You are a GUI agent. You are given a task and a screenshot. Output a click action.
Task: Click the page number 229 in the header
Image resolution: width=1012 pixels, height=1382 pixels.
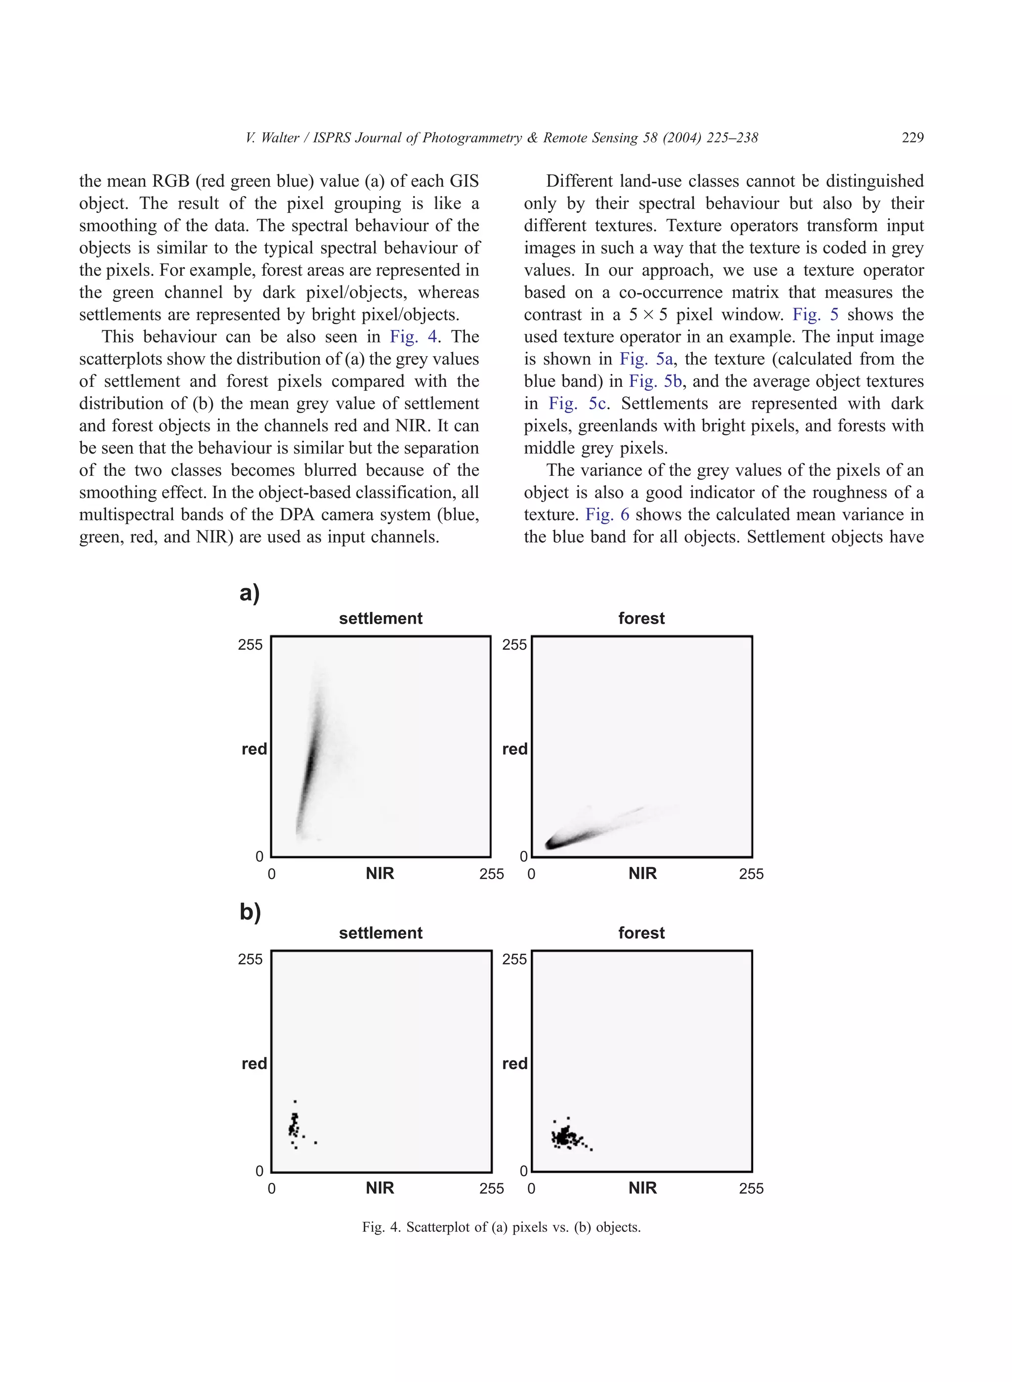(x=912, y=138)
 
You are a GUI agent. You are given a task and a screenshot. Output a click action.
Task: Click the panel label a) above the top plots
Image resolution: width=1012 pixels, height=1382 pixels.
(x=250, y=593)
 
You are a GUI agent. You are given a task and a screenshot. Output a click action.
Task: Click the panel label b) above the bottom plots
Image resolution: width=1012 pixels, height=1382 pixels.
(x=250, y=912)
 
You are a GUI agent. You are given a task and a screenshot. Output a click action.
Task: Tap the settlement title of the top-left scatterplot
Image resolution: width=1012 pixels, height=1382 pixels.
(x=380, y=618)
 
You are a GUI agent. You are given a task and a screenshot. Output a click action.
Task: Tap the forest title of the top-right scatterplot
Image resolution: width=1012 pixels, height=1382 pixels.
(x=641, y=618)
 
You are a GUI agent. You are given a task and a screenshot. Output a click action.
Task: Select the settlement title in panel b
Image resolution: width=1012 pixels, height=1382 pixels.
(x=380, y=933)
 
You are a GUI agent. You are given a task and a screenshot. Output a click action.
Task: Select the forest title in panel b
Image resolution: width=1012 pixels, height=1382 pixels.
(x=641, y=933)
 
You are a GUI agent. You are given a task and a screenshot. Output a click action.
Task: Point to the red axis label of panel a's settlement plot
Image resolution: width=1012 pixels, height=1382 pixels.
(x=254, y=749)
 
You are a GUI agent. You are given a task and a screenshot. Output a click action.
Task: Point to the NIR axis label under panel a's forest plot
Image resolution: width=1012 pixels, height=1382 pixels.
(x=642, y=874)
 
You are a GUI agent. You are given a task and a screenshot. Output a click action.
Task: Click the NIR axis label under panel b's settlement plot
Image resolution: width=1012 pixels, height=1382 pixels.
(x=380, y=1188)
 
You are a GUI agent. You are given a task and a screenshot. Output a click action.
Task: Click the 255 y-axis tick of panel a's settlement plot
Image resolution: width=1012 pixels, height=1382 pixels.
(x=250, y=644)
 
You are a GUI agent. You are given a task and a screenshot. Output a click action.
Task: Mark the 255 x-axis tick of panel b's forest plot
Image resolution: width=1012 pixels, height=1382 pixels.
(x=751, y=1189)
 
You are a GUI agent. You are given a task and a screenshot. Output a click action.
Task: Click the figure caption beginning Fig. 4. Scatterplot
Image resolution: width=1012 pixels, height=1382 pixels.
(x=501, y=1227)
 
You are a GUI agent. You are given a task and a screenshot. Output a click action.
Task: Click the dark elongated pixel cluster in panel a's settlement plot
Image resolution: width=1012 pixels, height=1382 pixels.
(x=310, y=763)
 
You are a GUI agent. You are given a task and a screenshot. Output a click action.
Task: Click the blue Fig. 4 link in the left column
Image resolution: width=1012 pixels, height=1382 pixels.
(x=414, y=337)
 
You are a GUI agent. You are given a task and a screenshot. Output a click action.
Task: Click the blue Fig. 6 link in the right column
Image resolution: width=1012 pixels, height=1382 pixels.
(x=607, y=514)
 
